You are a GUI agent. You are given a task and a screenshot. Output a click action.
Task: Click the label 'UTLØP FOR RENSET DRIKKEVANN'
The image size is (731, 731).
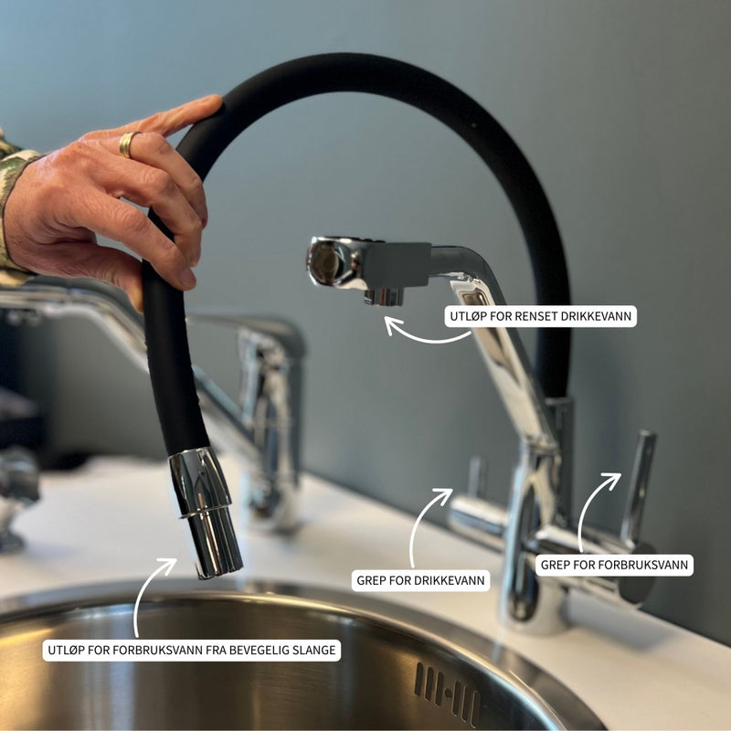[x=540, y=316]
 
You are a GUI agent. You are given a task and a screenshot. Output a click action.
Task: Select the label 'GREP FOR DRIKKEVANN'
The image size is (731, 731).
[x=420, y=580]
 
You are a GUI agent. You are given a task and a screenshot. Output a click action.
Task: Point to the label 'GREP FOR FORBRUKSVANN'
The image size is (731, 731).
[x=614, y=565]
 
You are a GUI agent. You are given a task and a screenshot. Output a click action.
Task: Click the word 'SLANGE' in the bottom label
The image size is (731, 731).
[x=313, y=650]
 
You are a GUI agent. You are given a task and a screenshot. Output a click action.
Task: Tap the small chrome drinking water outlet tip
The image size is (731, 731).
[x=383, y=297]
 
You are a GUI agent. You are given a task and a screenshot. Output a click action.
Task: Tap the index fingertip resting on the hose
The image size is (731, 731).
[x=209, y=105]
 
